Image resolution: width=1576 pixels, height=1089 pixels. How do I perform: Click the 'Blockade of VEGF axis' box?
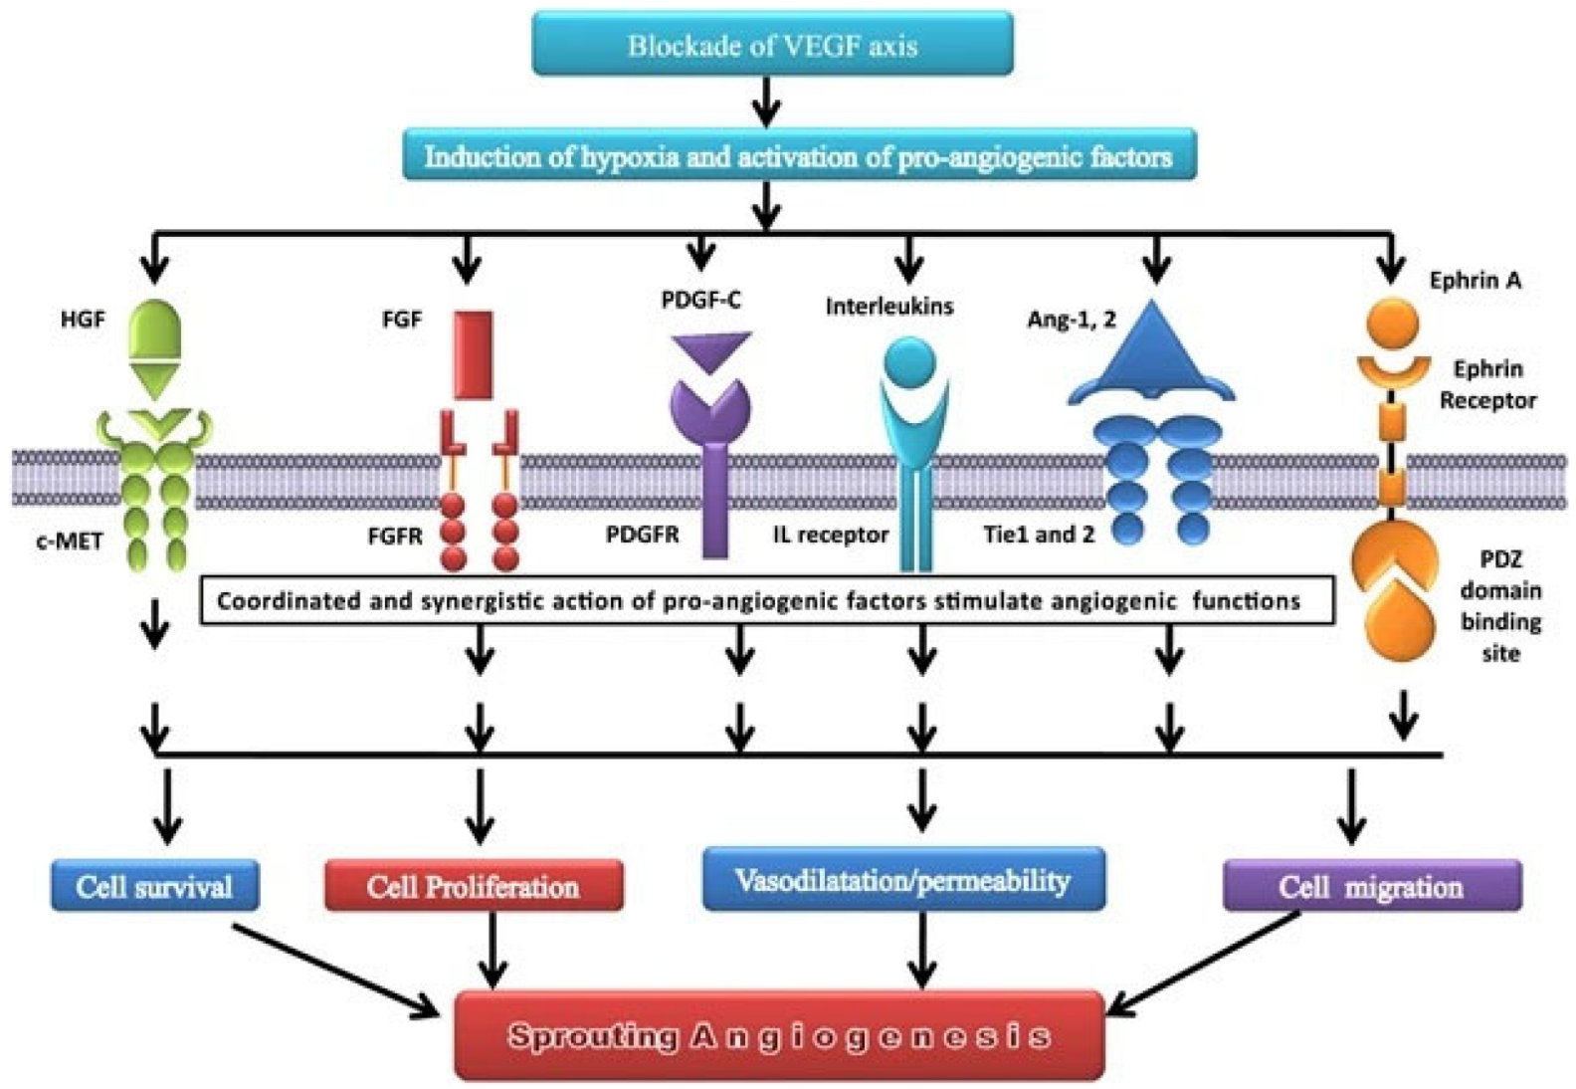[x=772, y=44]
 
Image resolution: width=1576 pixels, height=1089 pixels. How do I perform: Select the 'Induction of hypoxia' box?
[x=799, y=154]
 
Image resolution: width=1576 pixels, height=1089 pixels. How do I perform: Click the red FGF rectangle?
[x=474, y=355]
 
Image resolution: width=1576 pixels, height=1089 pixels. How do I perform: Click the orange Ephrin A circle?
[x=1392, y=324]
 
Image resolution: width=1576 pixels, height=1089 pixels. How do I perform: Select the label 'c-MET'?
[x=69, y=541]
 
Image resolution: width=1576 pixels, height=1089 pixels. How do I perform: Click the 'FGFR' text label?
[x=395, y=537]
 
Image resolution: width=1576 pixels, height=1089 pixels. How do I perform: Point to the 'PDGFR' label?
[x=643, y=535]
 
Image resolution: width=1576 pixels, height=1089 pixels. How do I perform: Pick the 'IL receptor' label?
[x=830, y=535]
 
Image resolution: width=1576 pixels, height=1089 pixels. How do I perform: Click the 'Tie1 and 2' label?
[x=1039, y=535]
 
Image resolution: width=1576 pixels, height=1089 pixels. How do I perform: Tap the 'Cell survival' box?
[x=155, y=886]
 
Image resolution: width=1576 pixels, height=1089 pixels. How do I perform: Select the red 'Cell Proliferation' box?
[x=474, y=886]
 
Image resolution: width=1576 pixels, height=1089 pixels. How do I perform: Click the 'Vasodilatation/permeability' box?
[x=903, y=879]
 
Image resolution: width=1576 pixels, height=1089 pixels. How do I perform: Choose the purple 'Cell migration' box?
[x=1372, y=886]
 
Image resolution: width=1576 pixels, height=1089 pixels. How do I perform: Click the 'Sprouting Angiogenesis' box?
[x=780, y=1035]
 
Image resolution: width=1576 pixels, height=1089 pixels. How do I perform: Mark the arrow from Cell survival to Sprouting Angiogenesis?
[x=335, y=973]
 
